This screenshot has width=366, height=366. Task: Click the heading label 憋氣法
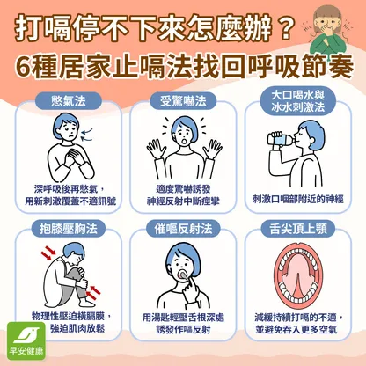(x=69, y=101)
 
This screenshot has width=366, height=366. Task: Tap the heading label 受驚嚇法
(x=183, y=101)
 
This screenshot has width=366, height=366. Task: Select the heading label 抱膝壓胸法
(x=69, y=229)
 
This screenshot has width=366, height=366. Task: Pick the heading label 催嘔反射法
(x=183, y=229)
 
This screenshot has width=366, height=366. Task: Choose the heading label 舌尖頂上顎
(x=298, y=229)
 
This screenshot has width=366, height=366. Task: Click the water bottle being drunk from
(x=282, y=138)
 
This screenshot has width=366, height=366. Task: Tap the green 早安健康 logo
(x=26, y=340)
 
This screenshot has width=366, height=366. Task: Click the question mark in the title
(x=283, y=28)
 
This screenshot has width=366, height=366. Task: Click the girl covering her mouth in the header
(x=326, y=29)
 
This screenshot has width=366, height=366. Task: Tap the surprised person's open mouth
(x=183, y=142)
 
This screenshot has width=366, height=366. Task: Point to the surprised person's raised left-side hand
(x=155, y=150)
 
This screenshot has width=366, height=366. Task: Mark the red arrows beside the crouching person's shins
(x=93, y=292)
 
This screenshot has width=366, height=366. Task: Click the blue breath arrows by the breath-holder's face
(x=87, y=134)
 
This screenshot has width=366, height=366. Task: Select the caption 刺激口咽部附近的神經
(x=298, y=199)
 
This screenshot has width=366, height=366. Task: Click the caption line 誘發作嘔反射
(x=183, y=330)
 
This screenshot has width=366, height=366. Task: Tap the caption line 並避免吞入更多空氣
(x=296, y=330)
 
